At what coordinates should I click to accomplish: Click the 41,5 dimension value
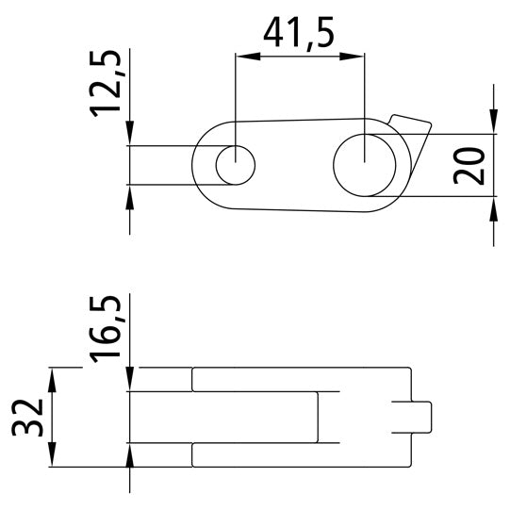click(299, 35)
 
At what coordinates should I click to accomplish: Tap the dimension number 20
click(474, 165)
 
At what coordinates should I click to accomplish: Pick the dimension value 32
click(29, 417)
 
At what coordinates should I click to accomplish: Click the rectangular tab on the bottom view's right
click(420, 415)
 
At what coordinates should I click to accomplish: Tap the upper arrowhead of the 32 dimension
click(53, 374)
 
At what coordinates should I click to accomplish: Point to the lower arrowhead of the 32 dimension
click(53, 458)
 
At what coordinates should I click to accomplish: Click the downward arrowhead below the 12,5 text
click(130, 137)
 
